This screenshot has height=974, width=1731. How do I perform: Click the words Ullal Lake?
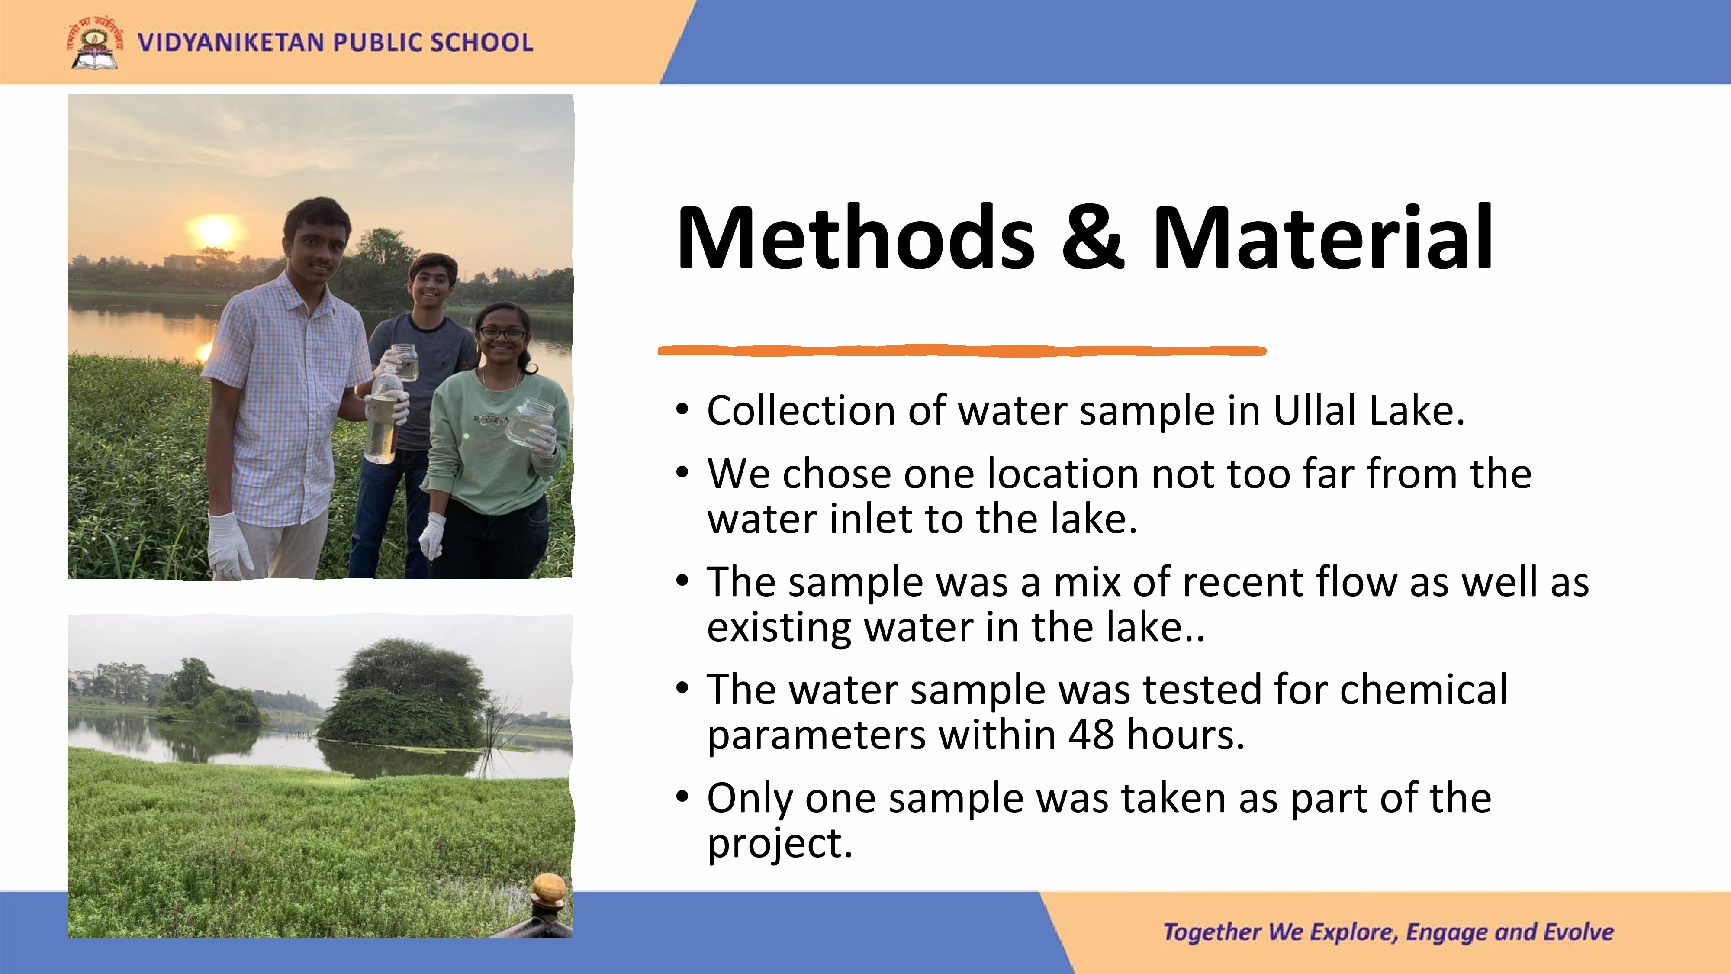[1369, 411]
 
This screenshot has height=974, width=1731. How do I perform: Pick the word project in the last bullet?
[779, 844]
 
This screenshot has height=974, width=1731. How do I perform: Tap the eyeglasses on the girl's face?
[501, 333]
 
